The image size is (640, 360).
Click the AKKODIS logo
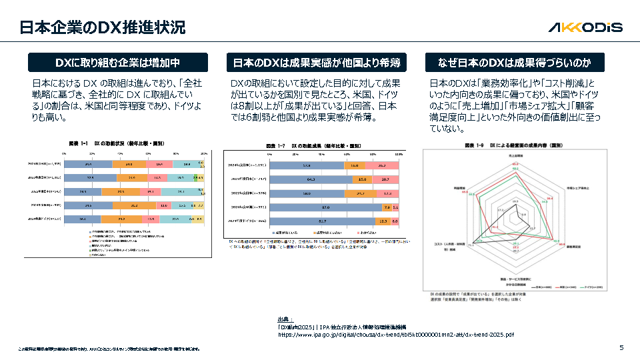click(585, 27)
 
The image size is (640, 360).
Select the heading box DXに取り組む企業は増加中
click(117, 63)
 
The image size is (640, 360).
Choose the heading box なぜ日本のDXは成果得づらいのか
click(515, 63)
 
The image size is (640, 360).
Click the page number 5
click(621, 347)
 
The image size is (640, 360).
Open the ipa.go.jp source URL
click(395, 334)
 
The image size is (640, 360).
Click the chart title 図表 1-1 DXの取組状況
click(116, 143)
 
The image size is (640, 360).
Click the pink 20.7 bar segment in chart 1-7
click(385, 179)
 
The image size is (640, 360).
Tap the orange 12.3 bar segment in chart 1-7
click(383, 221)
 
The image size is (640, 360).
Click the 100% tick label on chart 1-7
click(399, 154)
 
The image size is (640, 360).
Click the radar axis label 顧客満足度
click(577, 245)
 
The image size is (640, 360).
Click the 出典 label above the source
click(285, 319)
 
